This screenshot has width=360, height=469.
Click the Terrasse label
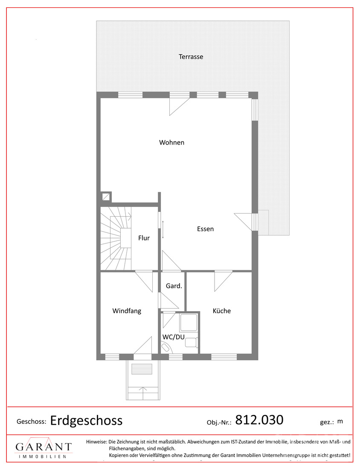pos(191,57)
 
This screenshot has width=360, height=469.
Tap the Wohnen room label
pos(171,142)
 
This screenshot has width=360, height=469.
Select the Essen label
pos(205,229)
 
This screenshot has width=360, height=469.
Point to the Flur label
pos(144,238)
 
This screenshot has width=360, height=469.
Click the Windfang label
pos(127,311)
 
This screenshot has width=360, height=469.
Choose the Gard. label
pos(174,286)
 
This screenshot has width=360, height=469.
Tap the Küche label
pos(222,311)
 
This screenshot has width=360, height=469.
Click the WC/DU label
pos(173,337)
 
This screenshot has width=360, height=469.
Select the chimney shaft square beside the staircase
pos(106,197)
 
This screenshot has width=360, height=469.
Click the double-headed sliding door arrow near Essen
pos(163,229)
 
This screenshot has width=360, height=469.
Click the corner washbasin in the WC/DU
pos(165,347)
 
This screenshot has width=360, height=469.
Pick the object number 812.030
pos(259,420)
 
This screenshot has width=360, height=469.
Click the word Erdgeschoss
pos(86,420)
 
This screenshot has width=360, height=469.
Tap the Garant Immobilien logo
pos(44,447)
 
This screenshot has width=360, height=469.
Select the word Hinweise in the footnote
pos(96,441)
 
